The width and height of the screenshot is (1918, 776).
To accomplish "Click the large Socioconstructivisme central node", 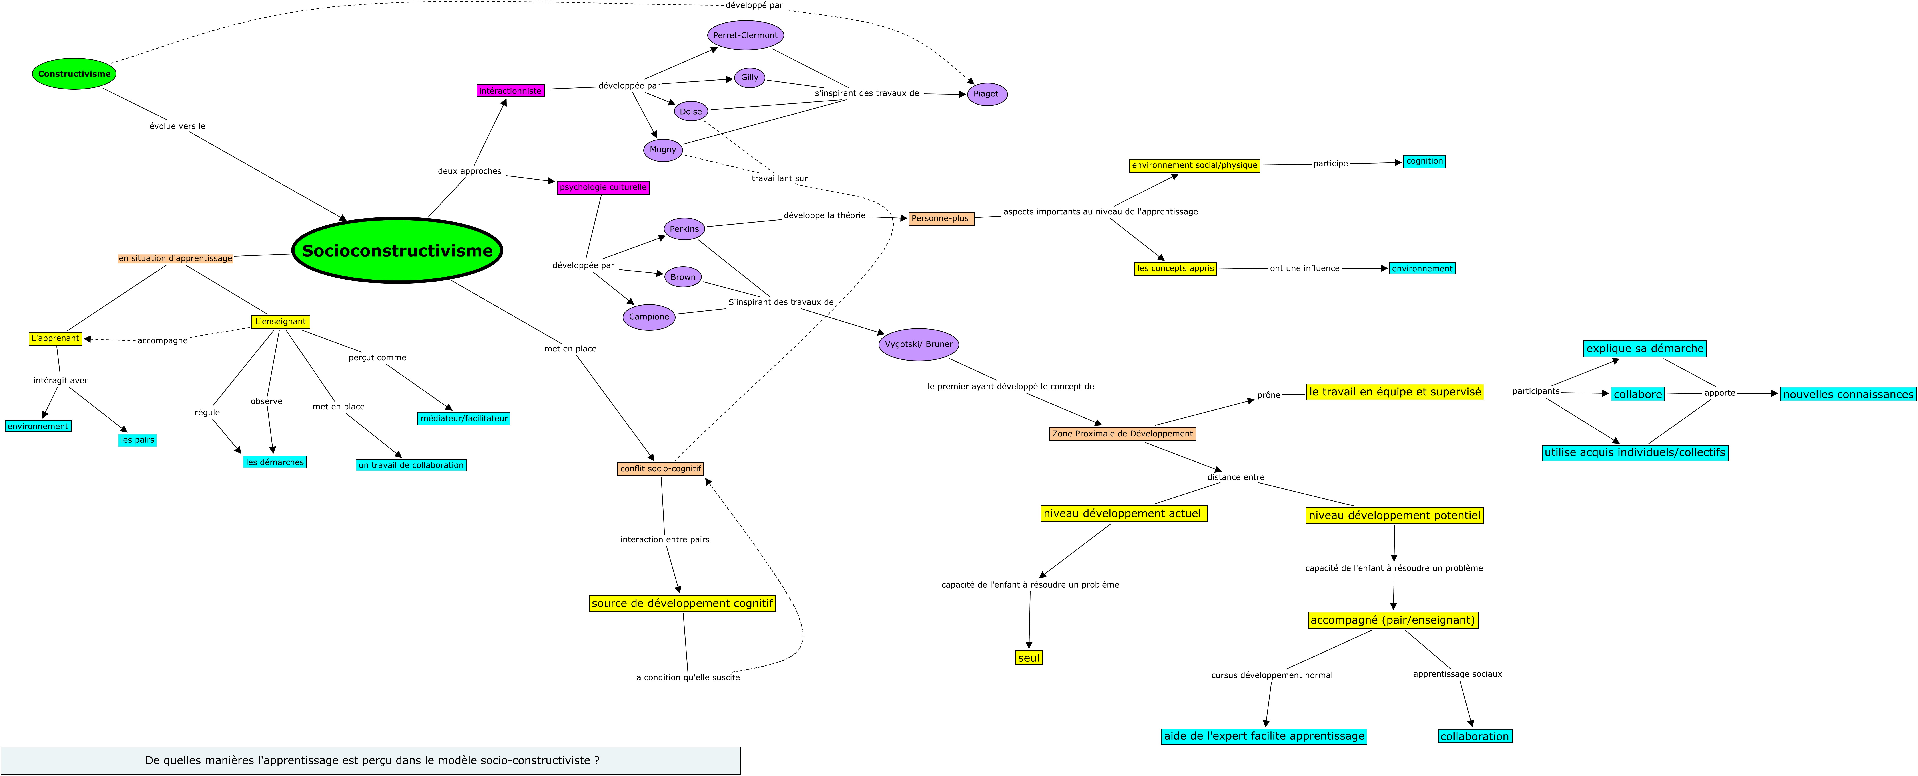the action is (x=398, y=250).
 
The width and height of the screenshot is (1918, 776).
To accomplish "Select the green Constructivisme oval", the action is (x=74, y=74).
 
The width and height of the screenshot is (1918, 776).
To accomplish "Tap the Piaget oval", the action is (x=987, y=94).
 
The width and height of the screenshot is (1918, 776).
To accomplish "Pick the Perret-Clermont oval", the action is (x=745, y=35).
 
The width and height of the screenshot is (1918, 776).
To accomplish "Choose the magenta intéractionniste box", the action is (x=511, y=91).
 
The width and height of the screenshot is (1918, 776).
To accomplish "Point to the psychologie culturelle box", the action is (x=603, y=188).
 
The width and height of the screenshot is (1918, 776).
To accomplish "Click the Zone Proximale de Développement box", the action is (x=1123, y=434).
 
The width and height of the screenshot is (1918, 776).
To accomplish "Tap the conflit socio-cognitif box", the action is (x=660, y=469).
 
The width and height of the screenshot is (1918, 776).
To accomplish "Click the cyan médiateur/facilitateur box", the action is (x=465, y=418).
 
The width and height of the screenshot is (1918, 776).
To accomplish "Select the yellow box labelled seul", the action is (x=1029, y=658).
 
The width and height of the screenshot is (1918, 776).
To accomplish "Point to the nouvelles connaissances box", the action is (x=1848, y=394).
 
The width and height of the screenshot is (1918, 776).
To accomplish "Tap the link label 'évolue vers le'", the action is (x=177, y=126).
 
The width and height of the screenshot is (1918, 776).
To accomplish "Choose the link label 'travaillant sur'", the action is (x=780, y=179).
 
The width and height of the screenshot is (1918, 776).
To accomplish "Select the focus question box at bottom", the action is (x=371, y=760).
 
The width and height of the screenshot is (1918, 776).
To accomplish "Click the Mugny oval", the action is (x=663, y=150).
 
